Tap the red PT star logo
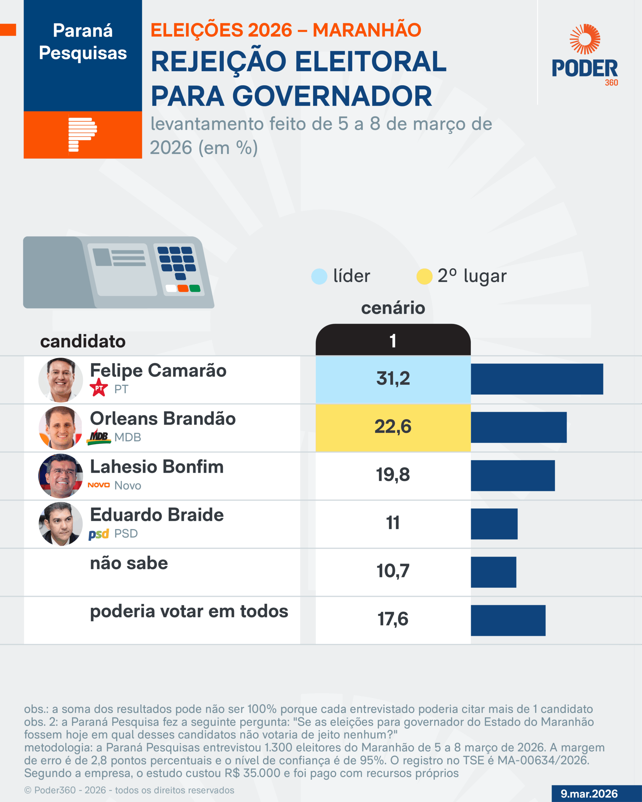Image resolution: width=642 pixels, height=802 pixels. [99, 388]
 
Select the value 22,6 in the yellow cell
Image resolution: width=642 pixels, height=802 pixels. [393, 427]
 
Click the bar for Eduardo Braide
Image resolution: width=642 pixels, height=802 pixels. [494, 524]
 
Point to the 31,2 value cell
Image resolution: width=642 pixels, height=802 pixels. [393, 379]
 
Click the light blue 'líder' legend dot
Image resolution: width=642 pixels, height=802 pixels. [319, 276]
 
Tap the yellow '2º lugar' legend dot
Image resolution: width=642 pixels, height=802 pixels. [424, 276]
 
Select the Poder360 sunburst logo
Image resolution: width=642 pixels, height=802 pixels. [585, 39]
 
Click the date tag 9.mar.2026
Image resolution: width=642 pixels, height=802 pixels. [589, 794]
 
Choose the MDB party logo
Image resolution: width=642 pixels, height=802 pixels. [99, 437]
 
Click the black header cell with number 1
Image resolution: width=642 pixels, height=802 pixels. [393, 340]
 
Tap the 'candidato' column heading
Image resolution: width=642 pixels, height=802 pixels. [83, 341]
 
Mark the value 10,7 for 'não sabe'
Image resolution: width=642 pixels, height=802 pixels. [393, 571]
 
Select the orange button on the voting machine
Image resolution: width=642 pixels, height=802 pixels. [183, 288]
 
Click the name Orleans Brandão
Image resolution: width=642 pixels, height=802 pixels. [163, 419]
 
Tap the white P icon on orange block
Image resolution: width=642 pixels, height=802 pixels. [82, 135]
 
